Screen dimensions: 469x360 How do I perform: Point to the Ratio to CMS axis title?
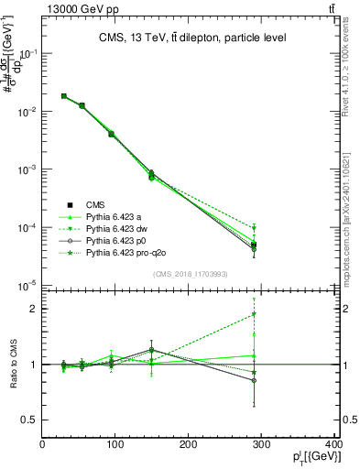[x=12, y=365]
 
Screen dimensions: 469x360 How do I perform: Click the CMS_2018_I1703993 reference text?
[x=191, y=274]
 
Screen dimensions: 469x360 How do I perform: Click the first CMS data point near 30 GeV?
[x=64, y=96]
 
